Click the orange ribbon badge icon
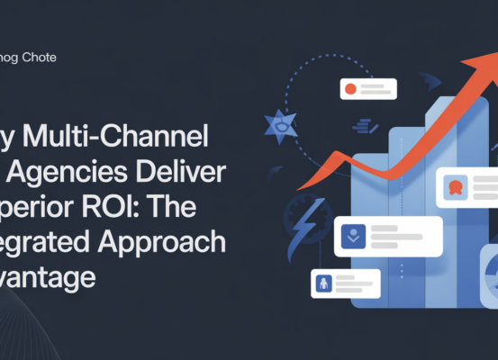click(455, 189)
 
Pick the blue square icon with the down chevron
click(353, 237)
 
